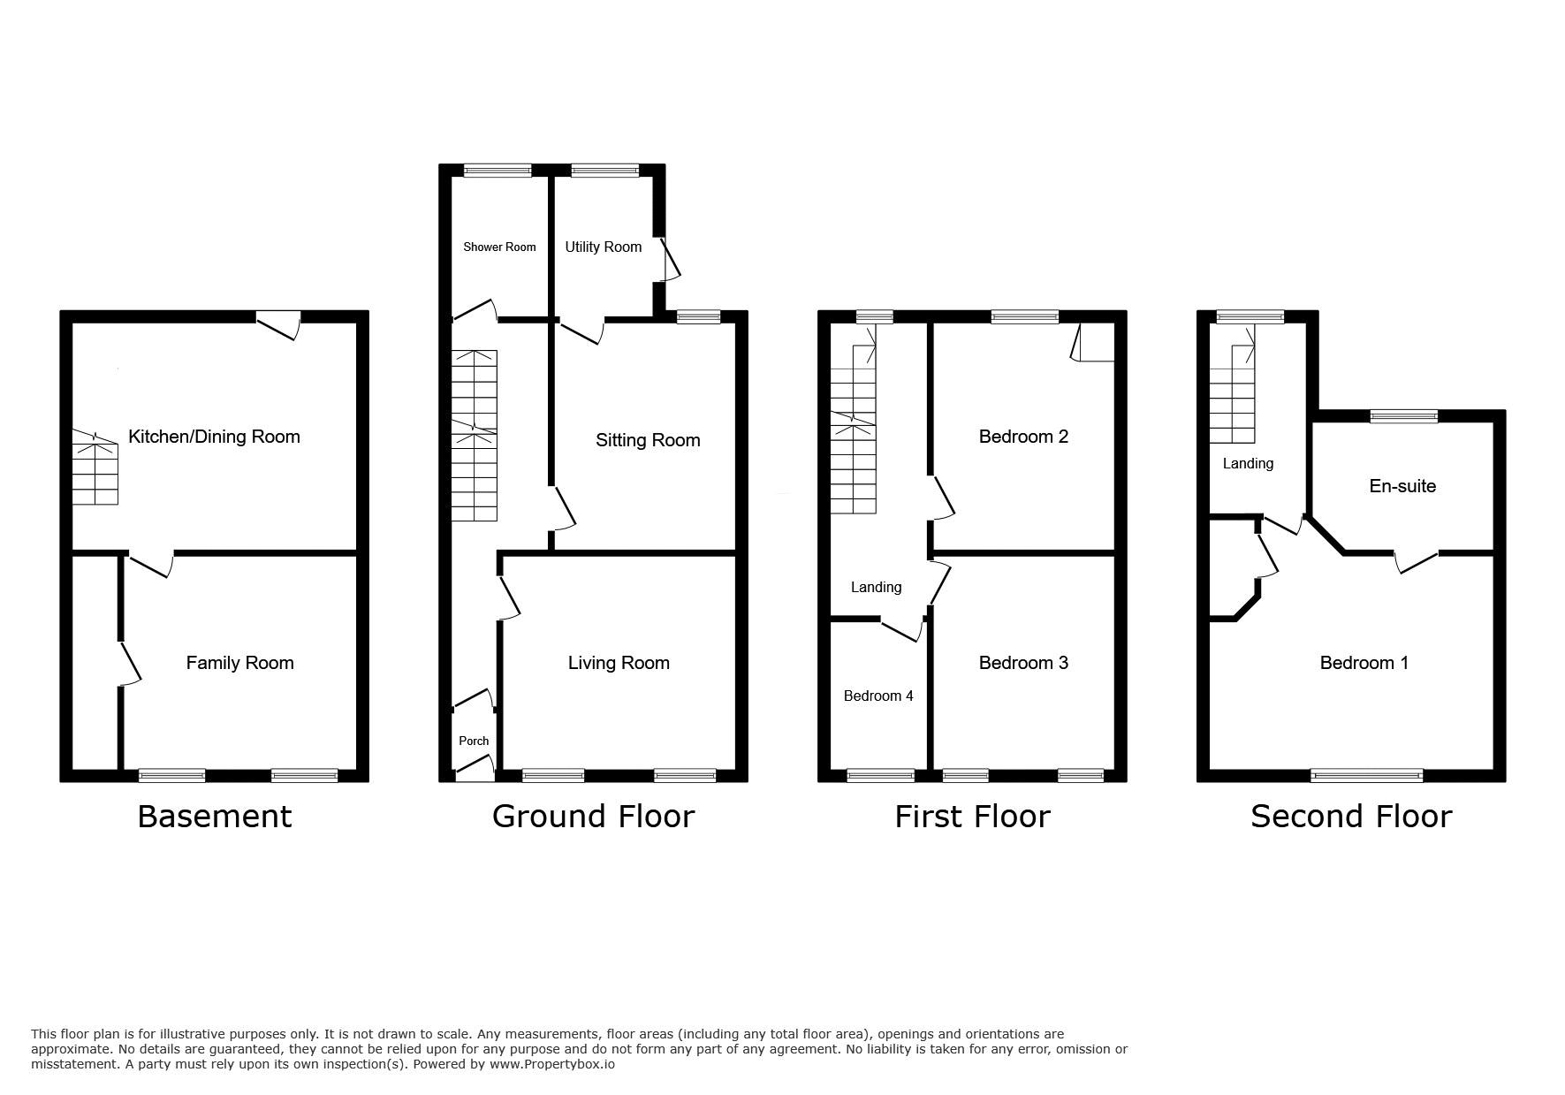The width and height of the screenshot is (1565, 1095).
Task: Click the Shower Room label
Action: point(499,247)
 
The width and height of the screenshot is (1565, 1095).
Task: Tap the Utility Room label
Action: point(604,247)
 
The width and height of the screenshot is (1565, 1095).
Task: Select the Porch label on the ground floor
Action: point(474,741)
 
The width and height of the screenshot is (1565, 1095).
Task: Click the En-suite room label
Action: point(1402,486)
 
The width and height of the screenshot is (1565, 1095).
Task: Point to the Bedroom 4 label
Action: point(878,696)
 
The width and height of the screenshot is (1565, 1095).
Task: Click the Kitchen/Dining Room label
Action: point(214,437)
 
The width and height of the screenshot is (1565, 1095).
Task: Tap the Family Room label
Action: point(239,663)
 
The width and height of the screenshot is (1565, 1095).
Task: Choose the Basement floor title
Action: point(214,816)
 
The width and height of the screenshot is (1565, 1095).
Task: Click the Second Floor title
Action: point(1351,816)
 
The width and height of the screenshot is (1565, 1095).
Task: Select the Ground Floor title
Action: point(593,816)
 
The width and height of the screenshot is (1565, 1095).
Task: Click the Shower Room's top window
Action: point(498,171)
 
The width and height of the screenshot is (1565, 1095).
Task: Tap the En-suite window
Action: point(1403,416)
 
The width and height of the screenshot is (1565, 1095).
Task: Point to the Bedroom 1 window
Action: point(1366,776)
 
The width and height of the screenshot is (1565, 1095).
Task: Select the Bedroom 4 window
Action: point(880,776)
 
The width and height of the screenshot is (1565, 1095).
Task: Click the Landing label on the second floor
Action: point(1248,463)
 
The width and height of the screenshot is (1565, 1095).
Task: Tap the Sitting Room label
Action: point(648,440)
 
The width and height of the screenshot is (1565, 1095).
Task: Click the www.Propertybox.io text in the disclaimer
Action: point(551,1064)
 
